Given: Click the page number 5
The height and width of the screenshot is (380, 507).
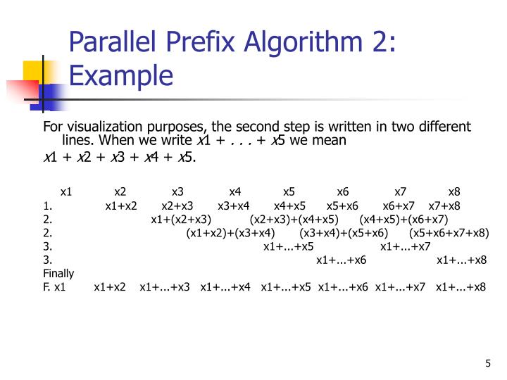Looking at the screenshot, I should [x=487, y=363].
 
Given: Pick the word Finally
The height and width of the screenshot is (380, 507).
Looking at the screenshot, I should [x=58, y=273].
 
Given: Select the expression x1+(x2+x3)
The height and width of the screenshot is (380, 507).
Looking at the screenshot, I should [x=181, y=219].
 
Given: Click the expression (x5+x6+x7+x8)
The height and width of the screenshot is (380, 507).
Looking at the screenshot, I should [x=449, y=233].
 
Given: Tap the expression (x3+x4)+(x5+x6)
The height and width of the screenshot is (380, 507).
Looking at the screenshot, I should [x=344, y=233].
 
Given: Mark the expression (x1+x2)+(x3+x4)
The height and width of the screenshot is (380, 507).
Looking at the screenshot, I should [x=230, y=233].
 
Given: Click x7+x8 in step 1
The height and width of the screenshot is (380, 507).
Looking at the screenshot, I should [x=444, y=205].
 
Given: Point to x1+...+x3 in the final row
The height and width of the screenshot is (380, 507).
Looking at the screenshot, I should [x=165, y=286].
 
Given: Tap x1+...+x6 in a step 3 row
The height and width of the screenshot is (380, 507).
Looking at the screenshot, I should [x=341, y=260].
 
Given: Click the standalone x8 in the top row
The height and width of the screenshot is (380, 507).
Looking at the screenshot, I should [x=454, y=191].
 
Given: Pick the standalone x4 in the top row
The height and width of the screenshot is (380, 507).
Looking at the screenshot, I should [x=235, y=191].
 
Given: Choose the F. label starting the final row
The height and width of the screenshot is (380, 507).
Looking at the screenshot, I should [x=46, y=286].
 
